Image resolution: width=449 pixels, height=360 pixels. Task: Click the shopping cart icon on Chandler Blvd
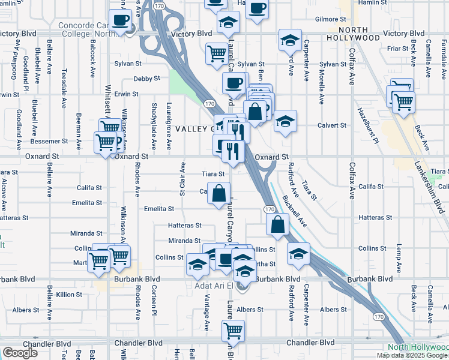[x=233, y=329]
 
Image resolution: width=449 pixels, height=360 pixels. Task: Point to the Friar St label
[x=414, y=48]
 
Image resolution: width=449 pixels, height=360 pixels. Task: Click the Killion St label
[x=69, y=295]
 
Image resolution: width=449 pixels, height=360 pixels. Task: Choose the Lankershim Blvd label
[x=431, y=188]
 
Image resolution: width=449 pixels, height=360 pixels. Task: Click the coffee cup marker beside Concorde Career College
[x=119, y=20]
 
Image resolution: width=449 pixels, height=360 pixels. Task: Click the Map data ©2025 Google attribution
[x=412, y=355]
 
